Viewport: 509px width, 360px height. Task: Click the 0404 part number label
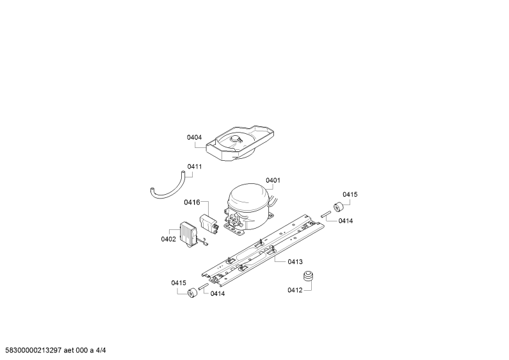click(x=194, y=138)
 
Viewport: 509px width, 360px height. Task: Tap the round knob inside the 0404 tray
click(x=235, y=139)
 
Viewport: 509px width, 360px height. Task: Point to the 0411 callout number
click(x=195, y=167)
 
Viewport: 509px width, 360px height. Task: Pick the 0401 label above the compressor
click(x=273, y=181)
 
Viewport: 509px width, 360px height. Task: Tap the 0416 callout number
click(x=192, y=202)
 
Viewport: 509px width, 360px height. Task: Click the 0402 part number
click(x=168, y=240)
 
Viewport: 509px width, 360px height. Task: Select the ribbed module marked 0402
click(x=188, y=233)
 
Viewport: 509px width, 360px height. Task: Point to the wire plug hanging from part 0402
click(x=204, y=242)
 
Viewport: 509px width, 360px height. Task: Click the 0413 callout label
click(x=295, y=262)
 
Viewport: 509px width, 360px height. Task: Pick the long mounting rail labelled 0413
click(x=263, y=250)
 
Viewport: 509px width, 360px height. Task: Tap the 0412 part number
click(x=295, y=290)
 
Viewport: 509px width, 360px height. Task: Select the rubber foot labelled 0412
click(x=309, y=277)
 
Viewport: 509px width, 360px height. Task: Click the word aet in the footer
click(x=69, y=350)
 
